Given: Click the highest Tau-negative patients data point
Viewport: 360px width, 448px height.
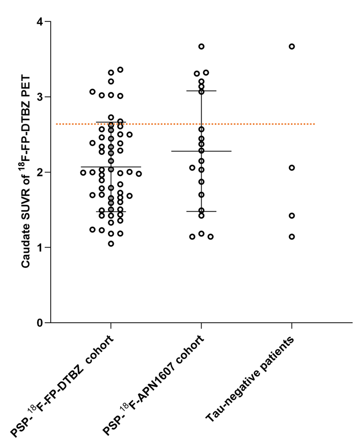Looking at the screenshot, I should pyautogui.click(x=292, y=46).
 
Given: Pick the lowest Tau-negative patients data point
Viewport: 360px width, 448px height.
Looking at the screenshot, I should pyautogui.click(x=292, y=236).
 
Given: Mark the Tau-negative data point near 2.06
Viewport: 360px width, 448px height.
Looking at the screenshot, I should pyautogui.click(x=292, y=167).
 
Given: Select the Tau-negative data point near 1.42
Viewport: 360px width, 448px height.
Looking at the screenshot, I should pyautogui.click(x=292, y=216).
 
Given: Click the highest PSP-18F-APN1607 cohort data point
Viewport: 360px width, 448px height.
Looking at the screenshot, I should pyautogui.click(x=202, y=46).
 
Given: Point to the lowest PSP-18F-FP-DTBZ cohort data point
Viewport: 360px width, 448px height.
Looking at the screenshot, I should pyautogui.click(x=111, y=244).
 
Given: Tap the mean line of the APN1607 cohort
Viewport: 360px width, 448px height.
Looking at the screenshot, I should pyautogui.click(x=218, y=151).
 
